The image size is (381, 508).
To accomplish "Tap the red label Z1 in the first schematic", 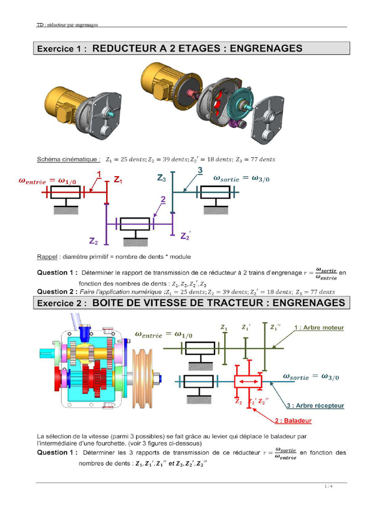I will point(118,181).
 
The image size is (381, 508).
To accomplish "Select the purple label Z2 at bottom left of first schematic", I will point(94,241).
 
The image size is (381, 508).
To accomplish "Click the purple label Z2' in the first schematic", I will point(186,236).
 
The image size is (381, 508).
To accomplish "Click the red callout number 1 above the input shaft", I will point(99,174).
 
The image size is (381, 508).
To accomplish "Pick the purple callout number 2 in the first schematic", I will point(163,199).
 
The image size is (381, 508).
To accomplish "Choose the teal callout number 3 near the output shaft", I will point(200,171).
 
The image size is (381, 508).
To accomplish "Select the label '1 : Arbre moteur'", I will point(318,328).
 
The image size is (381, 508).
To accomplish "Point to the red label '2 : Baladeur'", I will point(293,421).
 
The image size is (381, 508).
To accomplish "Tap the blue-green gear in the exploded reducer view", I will point(240,104).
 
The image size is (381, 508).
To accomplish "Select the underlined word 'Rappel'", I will point(47,257).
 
